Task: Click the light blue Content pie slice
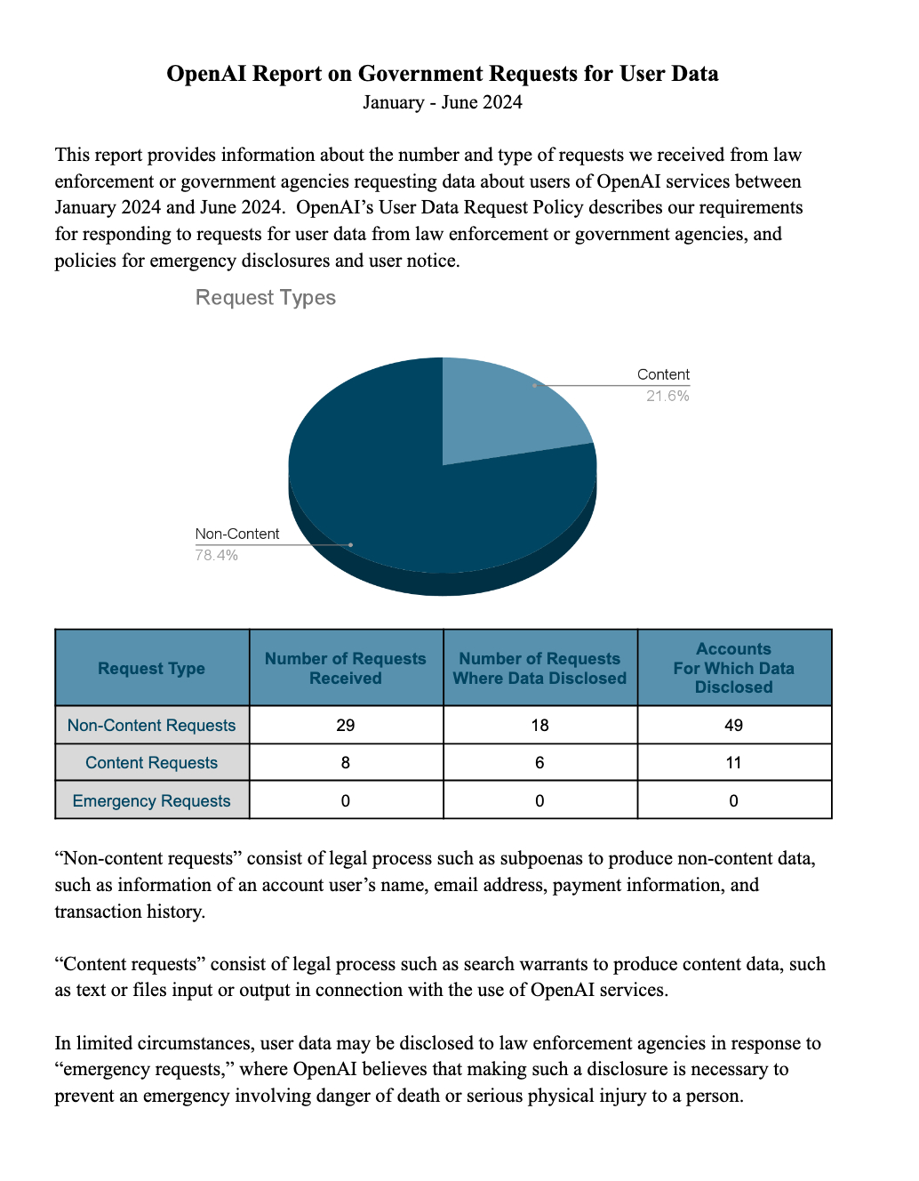click(x=507, y=409)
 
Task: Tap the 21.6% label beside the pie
click(x=667, y=396)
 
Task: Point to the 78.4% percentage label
click(x=217, y=555)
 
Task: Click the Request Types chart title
click(x=266, y=298)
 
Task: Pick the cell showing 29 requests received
click(x=346, y=725)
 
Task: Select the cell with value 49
click(x=733, y=725)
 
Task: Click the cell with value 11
click(x=733, y=762)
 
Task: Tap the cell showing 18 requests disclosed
click(x=539, y=725)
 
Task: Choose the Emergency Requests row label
click(x=151, y=800)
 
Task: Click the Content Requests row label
click(x=151, y=762)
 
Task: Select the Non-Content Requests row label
click(x=151, y=725)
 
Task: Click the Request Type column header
click(x=151, y=668)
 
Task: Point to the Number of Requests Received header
click(x=346, y=668)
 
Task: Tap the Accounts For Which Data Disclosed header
click(x=733, y=668)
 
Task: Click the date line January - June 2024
click(x=443, y=102)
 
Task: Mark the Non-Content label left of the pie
click(x=237, y=534)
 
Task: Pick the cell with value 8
click(x=346, y=762)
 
